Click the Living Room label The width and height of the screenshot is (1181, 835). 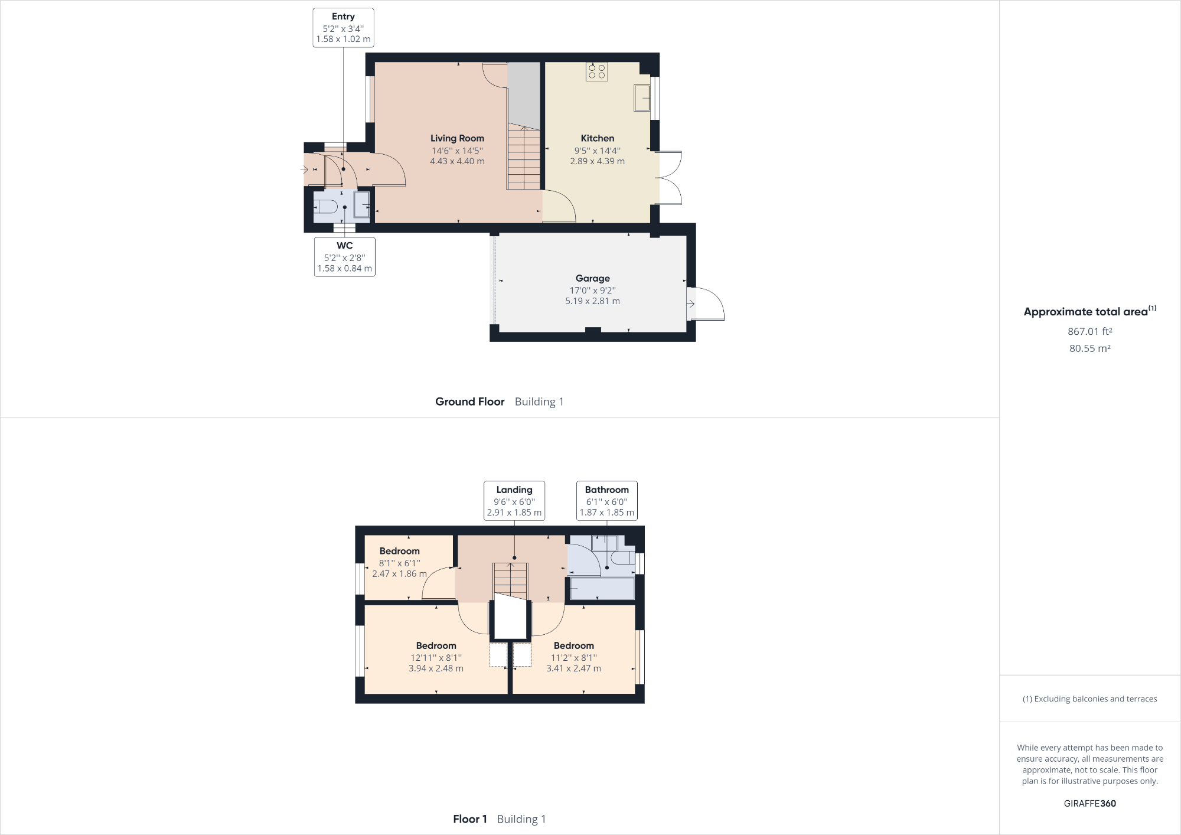coord(457,138)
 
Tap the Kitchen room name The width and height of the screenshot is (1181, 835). coord(597,138)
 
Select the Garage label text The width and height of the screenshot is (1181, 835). coord(592,278)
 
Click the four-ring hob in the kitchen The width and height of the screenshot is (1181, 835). coord(596,71)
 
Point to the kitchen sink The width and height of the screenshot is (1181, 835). coord(641,97)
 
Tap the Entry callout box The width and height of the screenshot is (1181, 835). coord(343,27)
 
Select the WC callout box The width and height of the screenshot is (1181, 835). coord(345,256)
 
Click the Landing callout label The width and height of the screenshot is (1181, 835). coord(514,501)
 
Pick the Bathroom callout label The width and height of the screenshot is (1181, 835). coord(606,501)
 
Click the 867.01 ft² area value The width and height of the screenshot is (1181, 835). coord(1089,331)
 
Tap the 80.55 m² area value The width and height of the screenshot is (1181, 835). coord(1089,348)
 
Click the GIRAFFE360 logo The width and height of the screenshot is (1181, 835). coord(1089,803)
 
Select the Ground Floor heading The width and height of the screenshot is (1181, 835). coord(469,402)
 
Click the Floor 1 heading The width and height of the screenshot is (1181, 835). coord(469,819)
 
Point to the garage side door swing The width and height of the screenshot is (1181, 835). coord(707,304)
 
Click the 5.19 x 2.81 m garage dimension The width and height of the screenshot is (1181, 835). coord(592,301)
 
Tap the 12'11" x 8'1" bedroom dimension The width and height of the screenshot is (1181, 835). coord(436,658)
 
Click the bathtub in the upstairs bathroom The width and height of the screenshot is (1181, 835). coord(602,588)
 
